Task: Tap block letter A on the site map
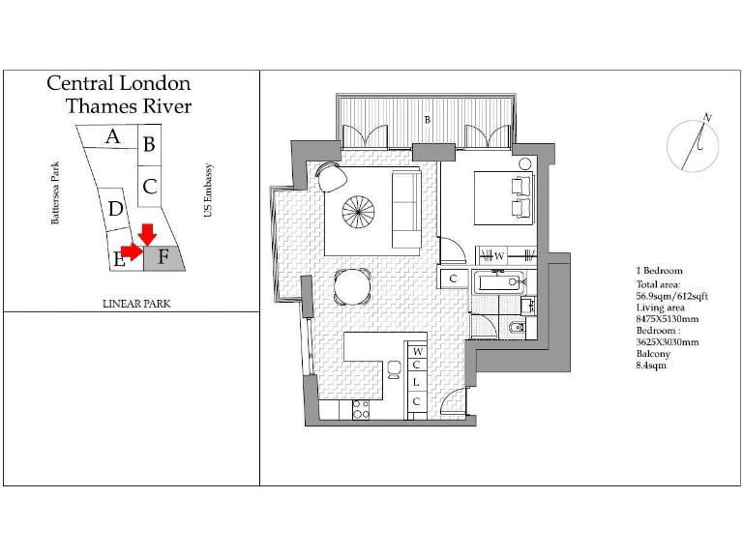point(112,137)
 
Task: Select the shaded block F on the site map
point(164,257)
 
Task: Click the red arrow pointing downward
point(147,233)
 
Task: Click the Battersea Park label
point(55,193)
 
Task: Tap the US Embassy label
point(208,190)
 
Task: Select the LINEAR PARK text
point(136,304)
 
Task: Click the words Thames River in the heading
point(128,106)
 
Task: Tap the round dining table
point(351,286)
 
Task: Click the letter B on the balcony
point(427,120)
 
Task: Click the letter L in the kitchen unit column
point(416,382)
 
